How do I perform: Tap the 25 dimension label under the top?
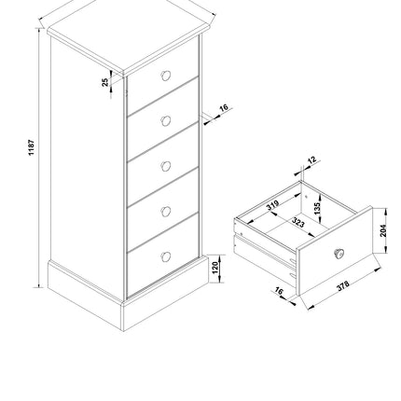[105, 82]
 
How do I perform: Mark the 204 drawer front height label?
[382, 229]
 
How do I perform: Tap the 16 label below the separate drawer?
[277, 292]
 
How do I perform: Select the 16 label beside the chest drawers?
[223, 109]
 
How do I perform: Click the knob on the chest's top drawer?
[166, 76]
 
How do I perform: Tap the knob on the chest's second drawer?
[166, 121]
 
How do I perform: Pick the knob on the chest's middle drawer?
[166, 167]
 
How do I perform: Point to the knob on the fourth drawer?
[166, 212]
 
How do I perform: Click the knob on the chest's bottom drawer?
[166, 256]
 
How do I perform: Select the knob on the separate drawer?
[339, 252]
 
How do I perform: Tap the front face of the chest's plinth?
[163, 304]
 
